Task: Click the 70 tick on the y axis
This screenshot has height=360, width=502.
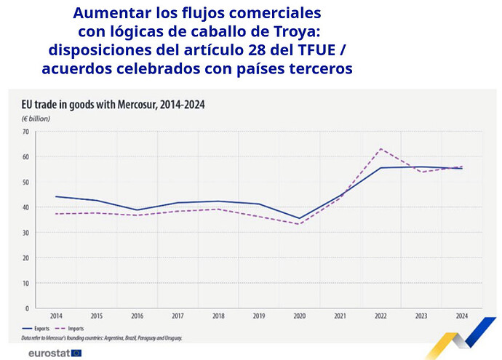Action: [25, 132]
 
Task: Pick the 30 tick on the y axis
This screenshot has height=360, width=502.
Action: [25, 233]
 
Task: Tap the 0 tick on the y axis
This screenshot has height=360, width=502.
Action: [27, 308]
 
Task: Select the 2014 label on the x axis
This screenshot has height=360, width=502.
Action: [56, 316]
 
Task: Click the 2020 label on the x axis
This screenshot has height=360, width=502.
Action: [299, 316]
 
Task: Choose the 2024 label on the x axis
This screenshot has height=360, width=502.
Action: [461, 316]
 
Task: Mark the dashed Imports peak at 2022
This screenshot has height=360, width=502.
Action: [381, 149]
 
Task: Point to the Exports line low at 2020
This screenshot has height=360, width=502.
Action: [299, 218]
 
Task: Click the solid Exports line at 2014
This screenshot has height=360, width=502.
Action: [56, 196]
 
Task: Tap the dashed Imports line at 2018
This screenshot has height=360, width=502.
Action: [218, 209]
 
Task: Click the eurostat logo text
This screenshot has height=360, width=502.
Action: [49, 353]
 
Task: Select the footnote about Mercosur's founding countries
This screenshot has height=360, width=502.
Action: [102, 338]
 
